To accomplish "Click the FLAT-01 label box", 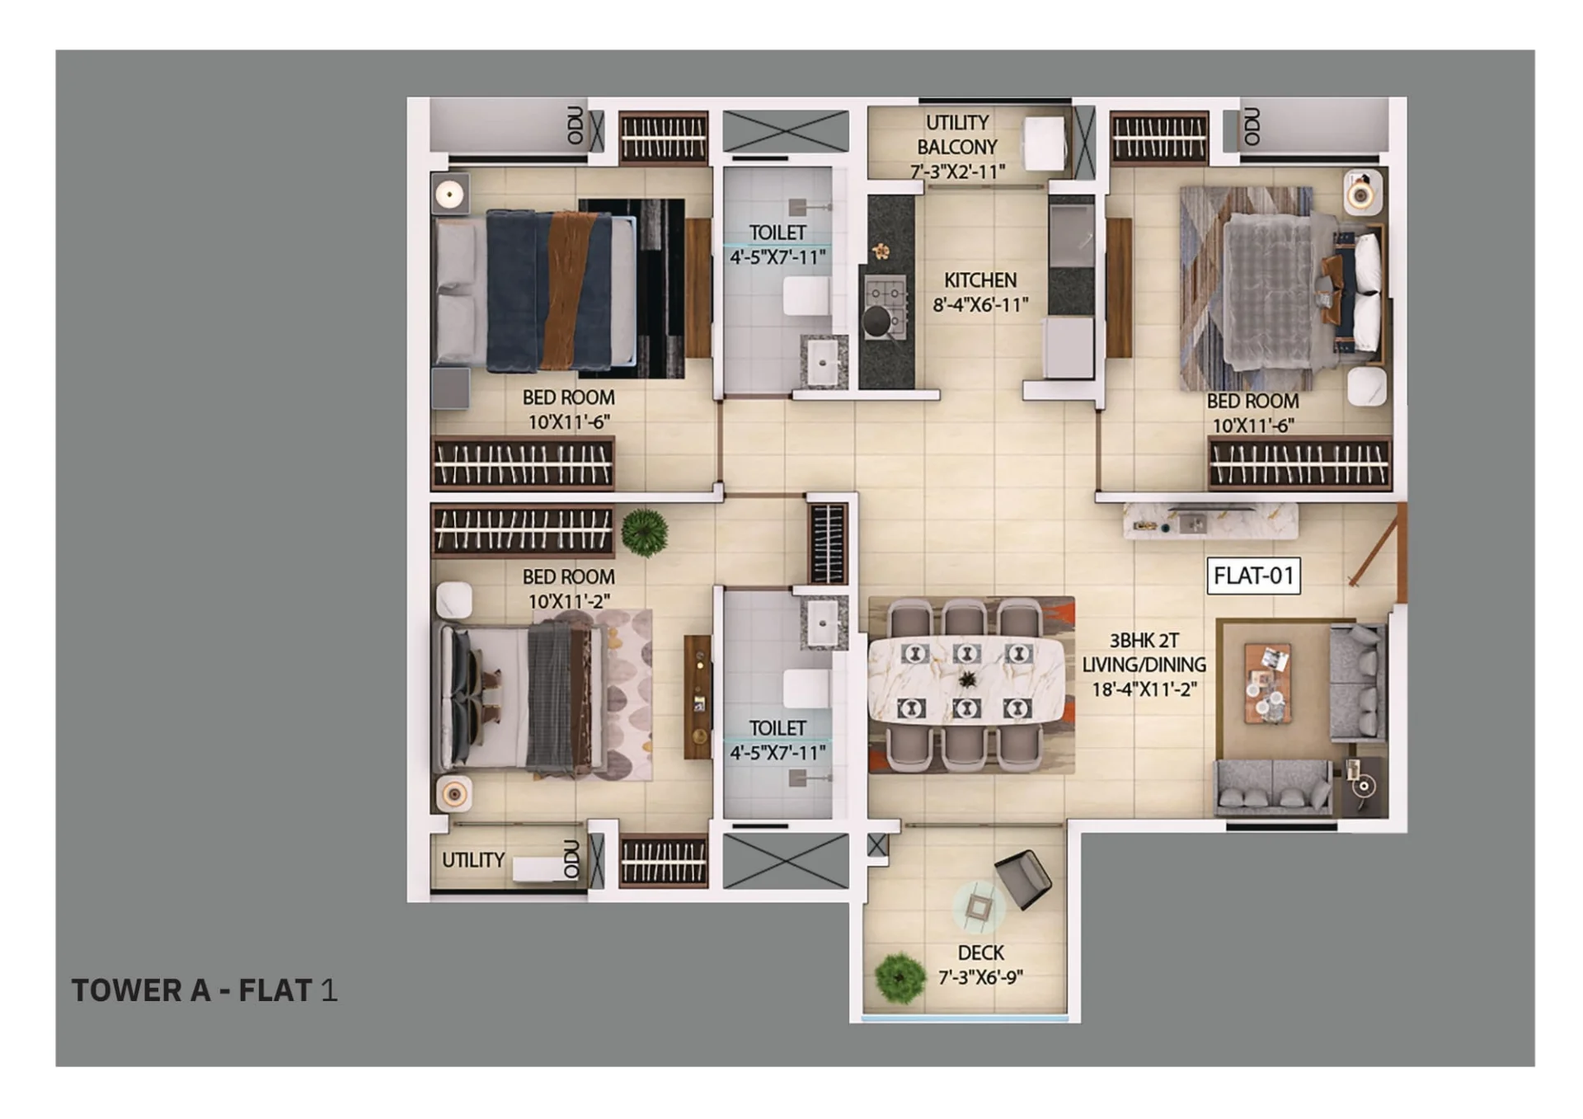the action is [1253, 576].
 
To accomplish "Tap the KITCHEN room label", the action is [980, 280].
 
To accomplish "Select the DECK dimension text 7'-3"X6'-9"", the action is [980, 977].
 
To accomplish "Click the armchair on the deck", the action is [1023, 879].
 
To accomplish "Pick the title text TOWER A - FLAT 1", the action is [204, 990].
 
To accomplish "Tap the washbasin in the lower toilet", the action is [823, 623].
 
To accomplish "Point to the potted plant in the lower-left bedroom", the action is [644, 532].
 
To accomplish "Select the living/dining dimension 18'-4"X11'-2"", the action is [1144, 689].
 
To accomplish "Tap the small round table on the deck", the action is [979, 907].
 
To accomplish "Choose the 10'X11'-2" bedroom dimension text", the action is [569, 601].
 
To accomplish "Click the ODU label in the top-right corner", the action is [1252, 126].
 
